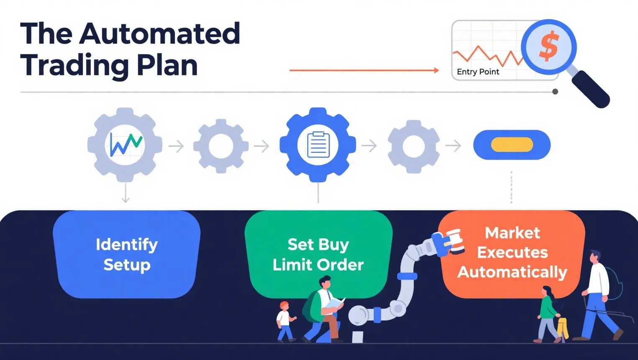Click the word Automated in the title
(159, 33)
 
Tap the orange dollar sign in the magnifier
(549, 46)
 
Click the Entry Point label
(478, 72)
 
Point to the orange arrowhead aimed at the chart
(436, 70)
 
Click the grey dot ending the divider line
(555, 92)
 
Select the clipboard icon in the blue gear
(319, 144)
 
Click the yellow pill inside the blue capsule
(512, 145)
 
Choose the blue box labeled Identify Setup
(126, 255)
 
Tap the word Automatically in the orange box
(512, 272)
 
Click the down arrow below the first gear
(126, 193)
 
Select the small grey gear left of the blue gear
(221, 146)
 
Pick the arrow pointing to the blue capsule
(453, 146)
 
